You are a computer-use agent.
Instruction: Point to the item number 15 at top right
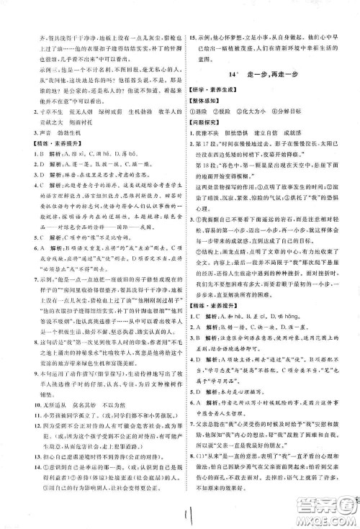(x=191, y=14)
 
